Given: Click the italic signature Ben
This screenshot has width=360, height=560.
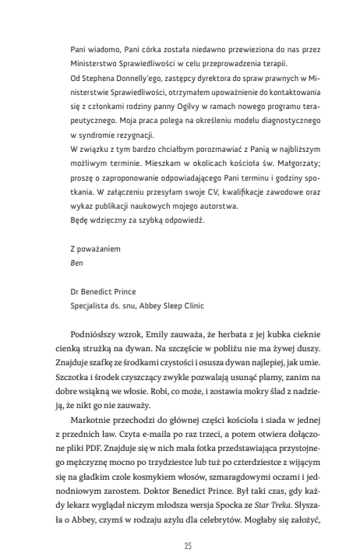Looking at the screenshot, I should pos(76,262).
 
